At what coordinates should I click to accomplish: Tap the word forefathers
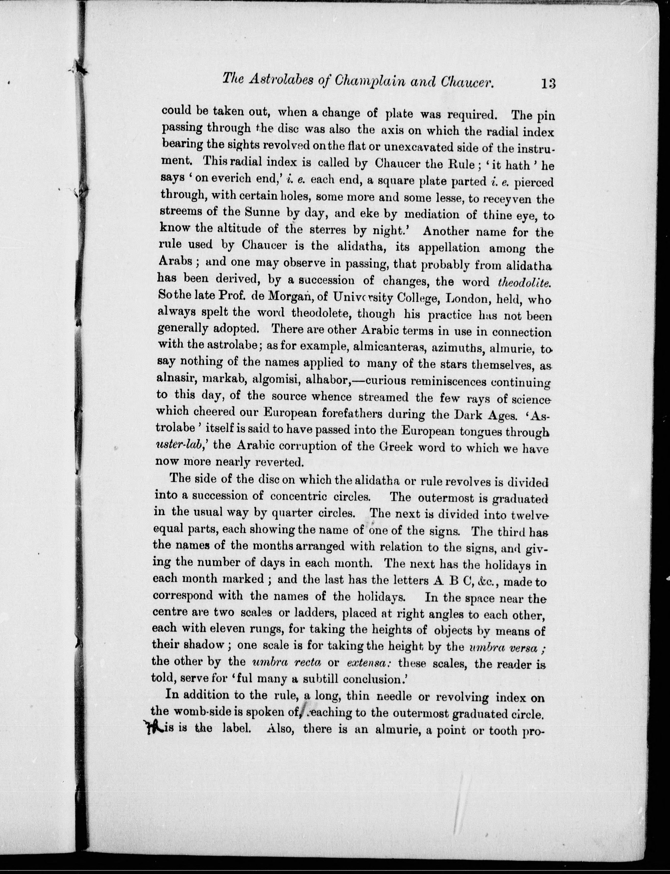(366, 414)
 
